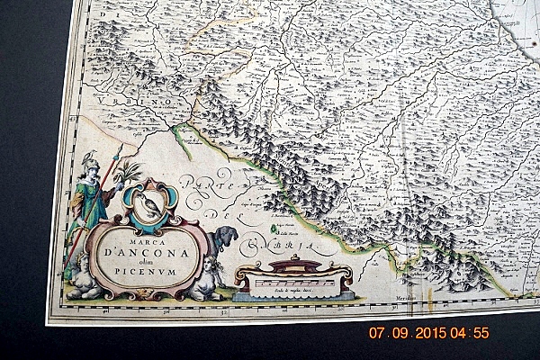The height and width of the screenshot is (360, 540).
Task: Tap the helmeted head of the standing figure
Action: (89, 160)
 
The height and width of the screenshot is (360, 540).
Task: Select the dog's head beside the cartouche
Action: (226, 237)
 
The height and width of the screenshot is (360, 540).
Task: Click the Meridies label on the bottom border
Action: (407, 299)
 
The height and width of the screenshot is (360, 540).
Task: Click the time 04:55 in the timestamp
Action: (471, 333)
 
